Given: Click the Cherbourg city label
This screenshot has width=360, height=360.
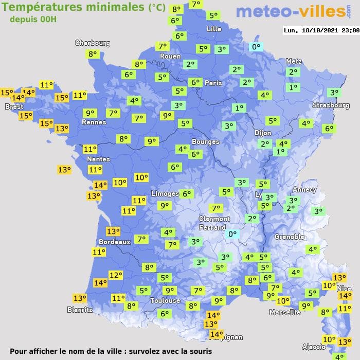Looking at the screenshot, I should [x=93, y=43].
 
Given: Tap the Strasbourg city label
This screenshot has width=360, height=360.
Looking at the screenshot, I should [x=331, y=105].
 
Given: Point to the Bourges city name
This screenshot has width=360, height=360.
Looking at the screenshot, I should [x=205, y=141].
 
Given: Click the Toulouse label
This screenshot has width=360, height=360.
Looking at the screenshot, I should [x=165, y=300].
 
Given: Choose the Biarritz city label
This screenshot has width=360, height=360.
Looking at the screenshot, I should [x=80, y=310].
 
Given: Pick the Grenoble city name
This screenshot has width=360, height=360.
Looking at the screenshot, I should [x=290, y=237].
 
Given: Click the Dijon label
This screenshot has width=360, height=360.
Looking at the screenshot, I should [x=262, y=133].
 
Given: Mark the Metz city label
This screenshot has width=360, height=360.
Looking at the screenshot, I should [x=293, y=61].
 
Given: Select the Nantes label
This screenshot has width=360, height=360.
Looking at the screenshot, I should [x=98, y=159].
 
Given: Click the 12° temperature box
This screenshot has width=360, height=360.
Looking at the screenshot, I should [x=116, y=275].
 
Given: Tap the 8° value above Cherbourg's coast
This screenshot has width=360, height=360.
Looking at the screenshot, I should [x=93, y=53].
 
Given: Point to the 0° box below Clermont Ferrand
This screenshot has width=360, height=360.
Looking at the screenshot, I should [x=232, y=234].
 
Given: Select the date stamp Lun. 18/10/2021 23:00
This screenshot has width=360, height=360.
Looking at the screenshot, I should [x=321, y=30].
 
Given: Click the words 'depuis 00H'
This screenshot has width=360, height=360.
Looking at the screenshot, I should [x=33, y=20].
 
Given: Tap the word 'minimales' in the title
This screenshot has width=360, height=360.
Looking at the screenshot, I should [x=114, y=7].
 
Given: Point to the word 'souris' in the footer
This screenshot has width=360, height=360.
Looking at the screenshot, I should [x=198, y=351].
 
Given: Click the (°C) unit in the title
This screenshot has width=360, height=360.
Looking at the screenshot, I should [x=157, y=8].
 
